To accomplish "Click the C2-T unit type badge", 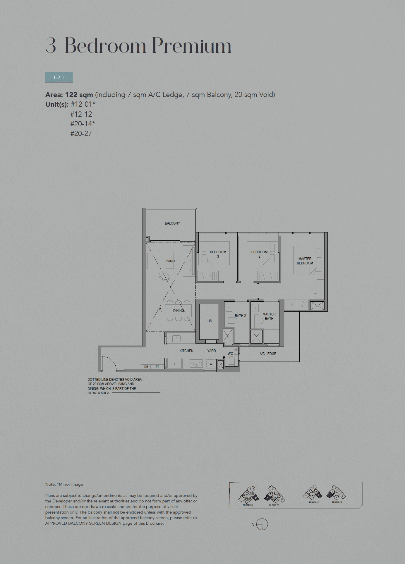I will pos(59,77).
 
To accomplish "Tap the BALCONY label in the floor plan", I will pos(172,223).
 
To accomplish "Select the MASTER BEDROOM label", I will pos(305,261).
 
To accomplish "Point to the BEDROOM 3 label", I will pos(218,254).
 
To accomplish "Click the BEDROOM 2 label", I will pos(259,254).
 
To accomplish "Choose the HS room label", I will pos(210,321).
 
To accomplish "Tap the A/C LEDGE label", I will pos(268,354).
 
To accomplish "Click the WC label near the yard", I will pos(230,354).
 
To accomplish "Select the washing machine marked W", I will pos(211,364).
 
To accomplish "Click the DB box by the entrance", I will pos(146,367).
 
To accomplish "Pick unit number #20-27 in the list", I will pos(81,134).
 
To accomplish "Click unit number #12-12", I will pos(81,114).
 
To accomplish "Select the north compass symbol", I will pos(262,524).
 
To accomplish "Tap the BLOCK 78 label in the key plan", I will pos(248,505).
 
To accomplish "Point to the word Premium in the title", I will pos(192,46).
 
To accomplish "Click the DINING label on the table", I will pos(179,311).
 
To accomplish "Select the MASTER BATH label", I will pos(269,316).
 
